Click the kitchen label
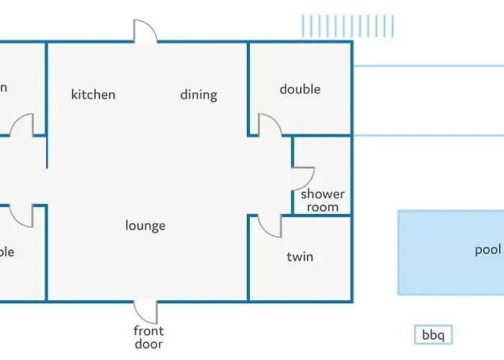tap(93, 94)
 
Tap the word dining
tap(198, 94)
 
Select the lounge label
tap(145, 225)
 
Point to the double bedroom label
tap(300, 89)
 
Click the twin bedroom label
tap(300, 256)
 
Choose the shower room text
tap(323, 200)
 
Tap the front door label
tap(148, 337)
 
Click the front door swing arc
tap(147, 312)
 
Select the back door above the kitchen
tap(145, 31)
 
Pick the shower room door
tap(303, 179)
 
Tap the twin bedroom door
tap(270, 225)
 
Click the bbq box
tap(433, 334)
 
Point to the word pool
tap(487, 250)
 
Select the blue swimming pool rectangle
tap(439, 252)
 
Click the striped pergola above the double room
tap(348, 26)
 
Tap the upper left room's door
tap(22, 125)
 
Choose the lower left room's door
tap(22, 215)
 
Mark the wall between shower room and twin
tap(322, 215)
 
